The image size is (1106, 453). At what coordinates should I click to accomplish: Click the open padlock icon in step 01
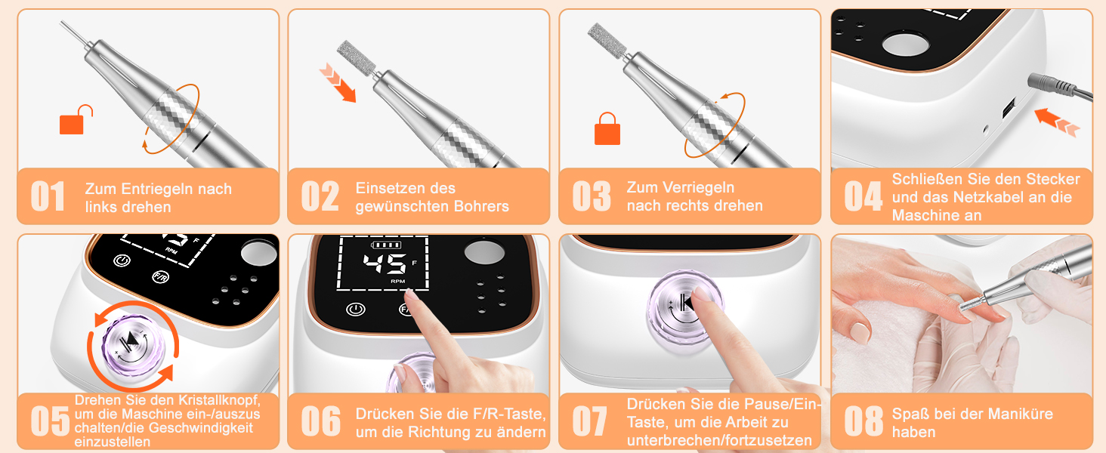click(76, 120)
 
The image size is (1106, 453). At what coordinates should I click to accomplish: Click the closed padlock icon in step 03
click(607, 129)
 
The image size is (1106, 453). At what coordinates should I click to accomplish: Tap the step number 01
click(48, 196)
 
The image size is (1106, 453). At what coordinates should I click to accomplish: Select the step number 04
click(863, 196)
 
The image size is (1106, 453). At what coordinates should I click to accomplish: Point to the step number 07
click(589, 421)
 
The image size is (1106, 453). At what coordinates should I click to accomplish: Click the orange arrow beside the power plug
click(1057, 122)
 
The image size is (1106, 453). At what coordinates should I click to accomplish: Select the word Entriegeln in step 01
click(156, 189)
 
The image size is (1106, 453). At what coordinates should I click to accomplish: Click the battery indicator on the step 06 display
click(386, 245)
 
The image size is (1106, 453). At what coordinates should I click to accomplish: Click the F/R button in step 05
click(160, 277)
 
